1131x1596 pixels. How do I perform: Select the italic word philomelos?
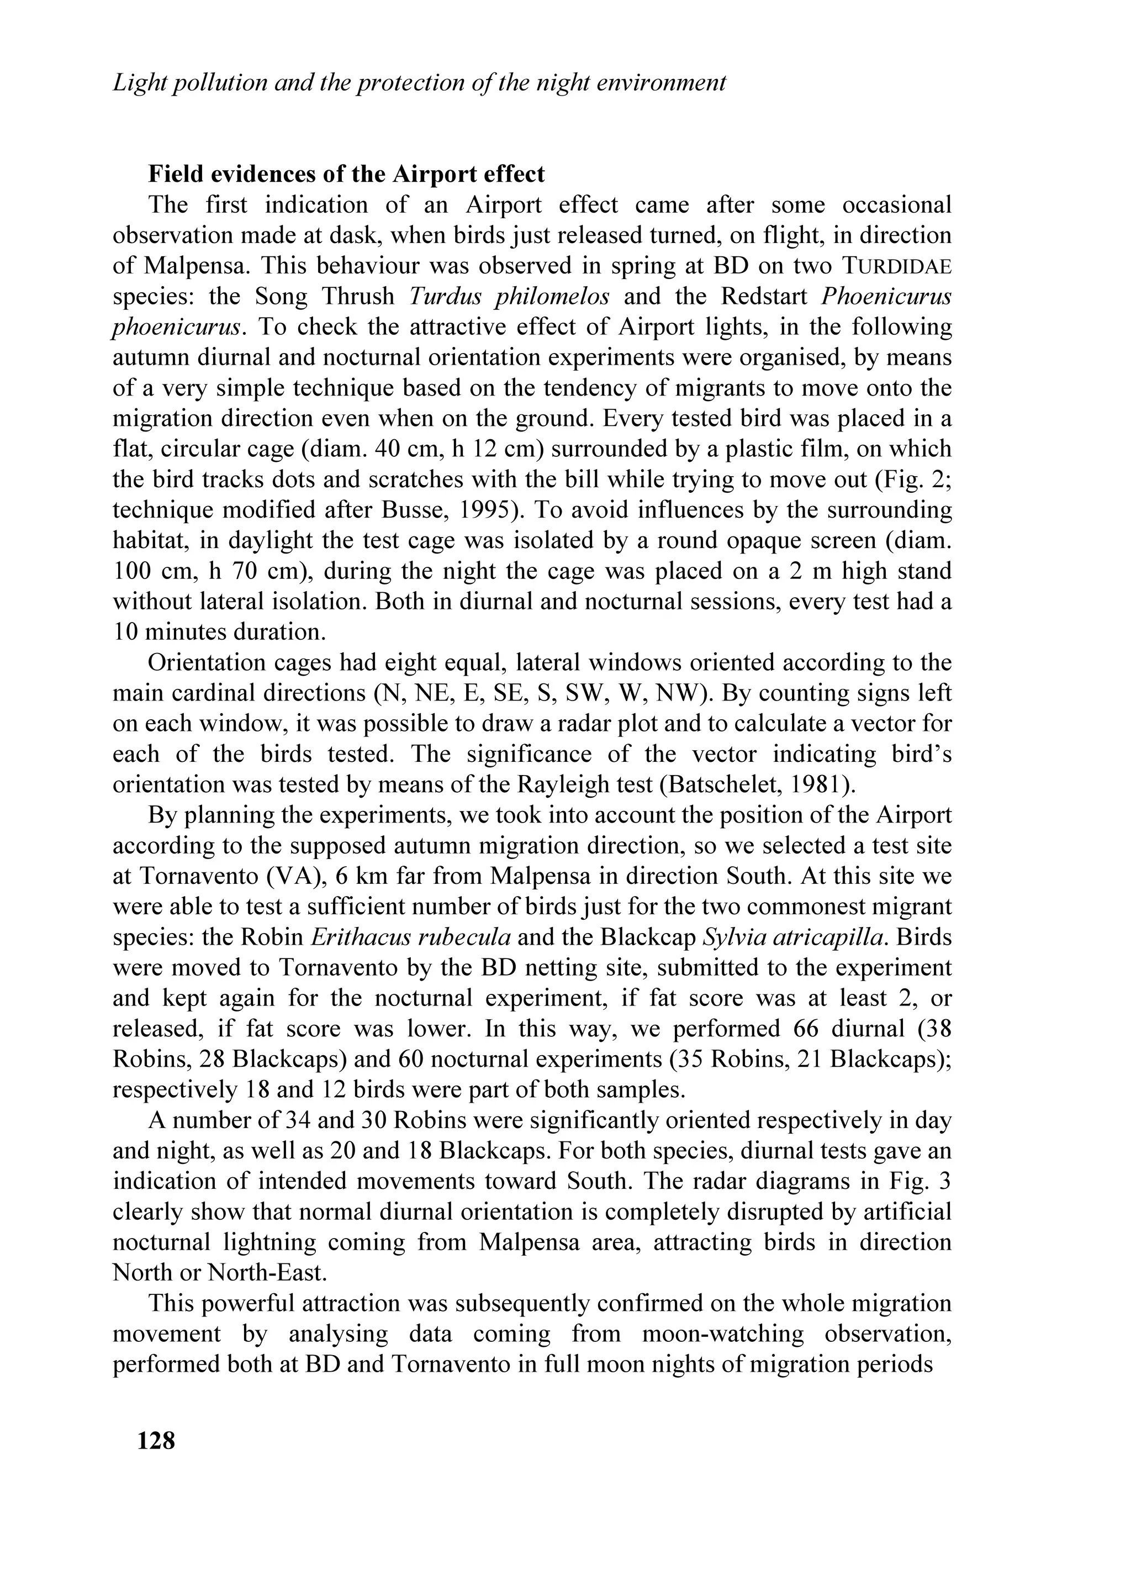click(x=552, y=296)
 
